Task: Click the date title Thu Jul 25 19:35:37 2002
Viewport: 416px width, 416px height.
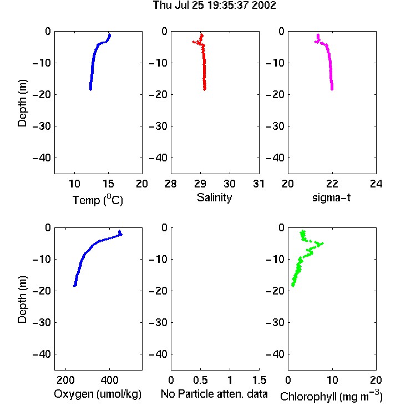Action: [x=214, y=6]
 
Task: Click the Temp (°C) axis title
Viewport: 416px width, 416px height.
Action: [x=98, y=200]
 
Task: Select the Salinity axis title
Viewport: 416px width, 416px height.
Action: [x=214, y=197]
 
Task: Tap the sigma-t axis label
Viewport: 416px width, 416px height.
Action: [x=331, y=197]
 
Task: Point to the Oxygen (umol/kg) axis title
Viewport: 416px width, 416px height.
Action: [x=98, y=394]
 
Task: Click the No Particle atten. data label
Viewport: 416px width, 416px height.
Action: [x=214, y=394]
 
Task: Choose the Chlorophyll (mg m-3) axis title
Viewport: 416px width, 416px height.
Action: [x=331, y=396]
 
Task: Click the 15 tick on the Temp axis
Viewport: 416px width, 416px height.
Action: [x=108, y=184]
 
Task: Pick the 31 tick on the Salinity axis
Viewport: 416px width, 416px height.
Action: [x=258, y=184]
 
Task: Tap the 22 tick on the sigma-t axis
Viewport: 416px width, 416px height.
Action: [x=332, y=184]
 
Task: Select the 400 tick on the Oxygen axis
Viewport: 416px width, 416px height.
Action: [x=109, y=380]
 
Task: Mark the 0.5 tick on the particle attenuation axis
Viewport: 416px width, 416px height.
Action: [x=200, y=380]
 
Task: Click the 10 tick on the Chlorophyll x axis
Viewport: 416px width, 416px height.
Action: [x=332, y=380]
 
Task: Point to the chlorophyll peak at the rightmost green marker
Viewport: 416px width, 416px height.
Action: [x=322, y=243]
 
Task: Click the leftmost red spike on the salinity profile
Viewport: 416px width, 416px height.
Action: [x=194, y=42]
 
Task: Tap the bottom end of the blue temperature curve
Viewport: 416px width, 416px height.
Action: [x=91, y=89]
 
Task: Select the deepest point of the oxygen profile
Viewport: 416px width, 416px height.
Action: [x=74, y=286]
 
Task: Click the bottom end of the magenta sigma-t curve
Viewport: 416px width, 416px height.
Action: [x=332, y=89]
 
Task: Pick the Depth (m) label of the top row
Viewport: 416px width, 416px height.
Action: [x=22, y=103]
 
